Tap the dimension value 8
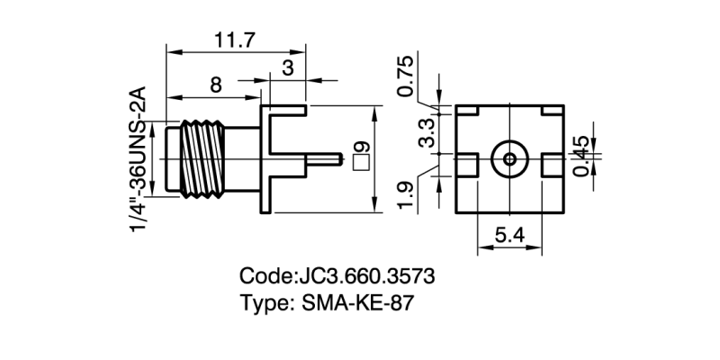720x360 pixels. tap(216, 85)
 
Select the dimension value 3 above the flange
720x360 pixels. tap(287, 68)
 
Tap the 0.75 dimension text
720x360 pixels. tap(406, 76)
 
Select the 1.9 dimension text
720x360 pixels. tap(406, 193)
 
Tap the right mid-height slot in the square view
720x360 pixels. tap(553, 165)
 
